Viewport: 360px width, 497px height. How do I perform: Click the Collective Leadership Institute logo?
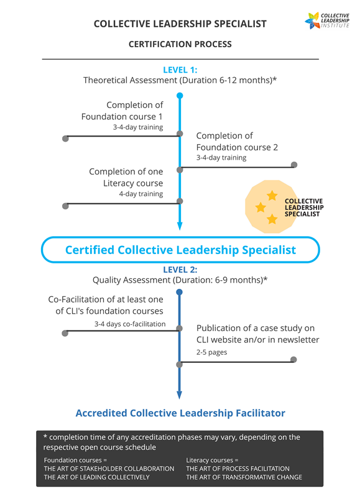326,21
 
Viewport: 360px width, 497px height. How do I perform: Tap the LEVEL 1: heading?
180,70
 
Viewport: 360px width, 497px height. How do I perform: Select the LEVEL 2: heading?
180,270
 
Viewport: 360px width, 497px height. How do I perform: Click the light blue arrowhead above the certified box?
180,226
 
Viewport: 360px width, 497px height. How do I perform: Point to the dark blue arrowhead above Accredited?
179,395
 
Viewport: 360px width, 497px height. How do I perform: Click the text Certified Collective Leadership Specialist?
180,250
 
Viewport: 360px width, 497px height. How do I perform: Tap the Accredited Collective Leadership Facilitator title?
180,413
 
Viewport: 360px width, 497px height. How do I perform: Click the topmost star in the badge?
272,196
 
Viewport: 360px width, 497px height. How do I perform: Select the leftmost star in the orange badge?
261,207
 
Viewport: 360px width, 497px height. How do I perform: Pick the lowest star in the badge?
272,219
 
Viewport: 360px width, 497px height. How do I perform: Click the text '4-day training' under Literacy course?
141,194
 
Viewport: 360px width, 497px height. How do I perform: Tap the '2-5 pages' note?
211,352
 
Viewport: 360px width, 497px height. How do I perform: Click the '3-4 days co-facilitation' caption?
130,324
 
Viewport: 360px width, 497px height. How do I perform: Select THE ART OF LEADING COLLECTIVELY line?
97,477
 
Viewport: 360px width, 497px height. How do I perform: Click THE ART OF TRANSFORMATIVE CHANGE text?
244,477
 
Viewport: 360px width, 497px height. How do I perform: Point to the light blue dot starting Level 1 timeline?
180,96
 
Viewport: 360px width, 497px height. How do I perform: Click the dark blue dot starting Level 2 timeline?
179,292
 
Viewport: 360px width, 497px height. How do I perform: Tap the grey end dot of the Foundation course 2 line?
294,165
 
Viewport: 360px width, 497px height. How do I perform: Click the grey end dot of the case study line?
293,360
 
